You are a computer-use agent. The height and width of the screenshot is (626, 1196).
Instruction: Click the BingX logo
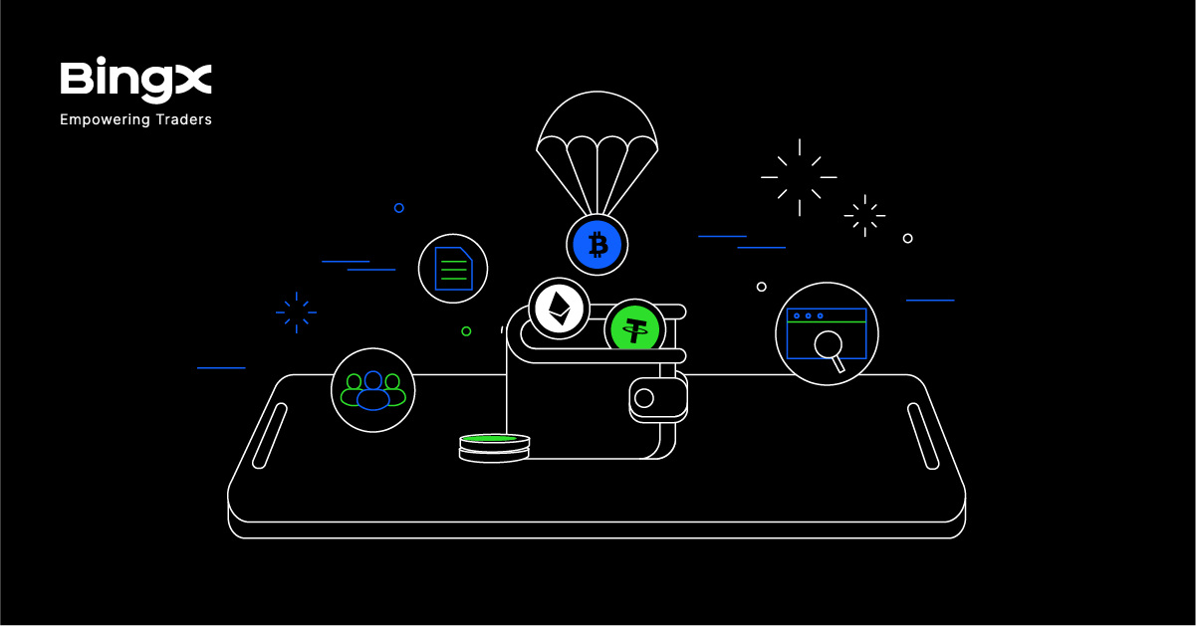pyautogui.click(x=135, y=81)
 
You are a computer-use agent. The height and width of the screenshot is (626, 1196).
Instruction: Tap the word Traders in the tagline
pyautogui.click(x=183, y=119)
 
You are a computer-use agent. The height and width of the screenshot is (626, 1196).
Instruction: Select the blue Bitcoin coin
pyautogui.click(x=598, y=244)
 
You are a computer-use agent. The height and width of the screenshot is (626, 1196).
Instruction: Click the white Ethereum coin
pyautogui.click(x=559, y=309)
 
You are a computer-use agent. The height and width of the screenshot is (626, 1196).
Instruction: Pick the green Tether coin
pyautogui.click(x=634, y=329)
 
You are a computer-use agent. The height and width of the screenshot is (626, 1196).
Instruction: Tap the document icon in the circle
pyautogui.click(x=453, y=269)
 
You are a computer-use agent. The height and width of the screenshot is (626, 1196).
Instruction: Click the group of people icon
pyautogui.click(x=372, y=390)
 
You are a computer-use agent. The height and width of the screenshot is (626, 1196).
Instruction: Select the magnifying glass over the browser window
pyautogui.click(x=829, y=346)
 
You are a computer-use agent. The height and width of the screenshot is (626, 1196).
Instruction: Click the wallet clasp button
pyautogui.click(x=644, y=398)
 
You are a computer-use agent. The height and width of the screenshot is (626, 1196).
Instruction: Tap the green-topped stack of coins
pyautogui.click(x=494, y=447)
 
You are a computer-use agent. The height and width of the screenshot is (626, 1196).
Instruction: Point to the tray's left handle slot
pyautogui.click(x=270, y=435)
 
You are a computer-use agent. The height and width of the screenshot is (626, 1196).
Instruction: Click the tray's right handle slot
pyautogui.click(x=923, y=435)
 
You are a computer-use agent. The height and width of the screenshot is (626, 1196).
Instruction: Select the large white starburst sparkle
pyautogui.click(x=799, y=177)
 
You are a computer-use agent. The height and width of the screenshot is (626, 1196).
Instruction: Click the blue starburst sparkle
pyautogui.click(x=296, y=313)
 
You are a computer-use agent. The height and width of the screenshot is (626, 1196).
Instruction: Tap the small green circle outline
pyautogui.click(x=466, y=331)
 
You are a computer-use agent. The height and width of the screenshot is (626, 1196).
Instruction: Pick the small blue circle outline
pyautogui.click(x=398, y=208)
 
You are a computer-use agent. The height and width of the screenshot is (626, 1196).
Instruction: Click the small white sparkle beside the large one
pyautogui.click(x=864, y=215)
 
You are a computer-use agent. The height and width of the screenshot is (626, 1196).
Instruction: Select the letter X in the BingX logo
pyautogui.click(x=192, y=81)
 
